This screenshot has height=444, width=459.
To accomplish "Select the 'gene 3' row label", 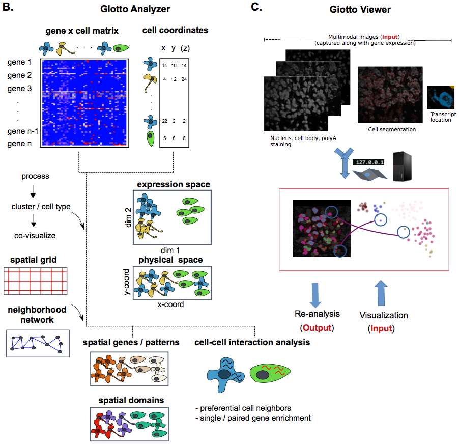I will coord(20,88).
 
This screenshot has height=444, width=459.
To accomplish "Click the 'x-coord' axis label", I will coord(170,304).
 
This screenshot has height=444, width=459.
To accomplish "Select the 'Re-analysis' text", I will coord(317,314).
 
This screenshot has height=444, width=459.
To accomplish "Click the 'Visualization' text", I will coord(384,315).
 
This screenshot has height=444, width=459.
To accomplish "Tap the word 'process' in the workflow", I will coord(35,176).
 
